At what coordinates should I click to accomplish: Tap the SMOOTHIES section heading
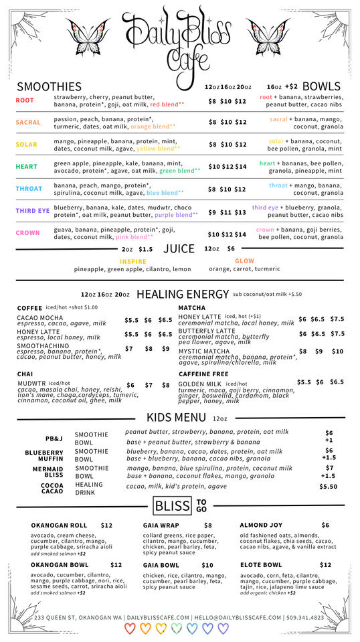[x=49, y=86]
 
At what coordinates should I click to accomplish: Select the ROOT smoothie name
[x=25, y=100]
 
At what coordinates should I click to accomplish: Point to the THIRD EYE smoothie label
[x=33, y=211]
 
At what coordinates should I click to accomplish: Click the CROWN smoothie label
[x=28, y=233]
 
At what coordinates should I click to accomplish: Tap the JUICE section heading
[x=179, y=249]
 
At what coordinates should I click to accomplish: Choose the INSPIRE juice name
[x=132, y=262]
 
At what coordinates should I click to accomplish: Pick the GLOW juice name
[x=244, y=261]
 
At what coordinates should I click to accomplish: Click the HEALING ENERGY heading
[x=182, y=294]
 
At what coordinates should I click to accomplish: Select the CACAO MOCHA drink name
[x=40, y=318]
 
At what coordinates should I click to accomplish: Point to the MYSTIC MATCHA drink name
[x=203, y=351]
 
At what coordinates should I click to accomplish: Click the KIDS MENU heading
[x=177, y=418]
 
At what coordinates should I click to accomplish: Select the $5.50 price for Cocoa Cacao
[x=328, y=487]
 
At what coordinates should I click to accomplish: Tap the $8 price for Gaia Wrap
[x=207, y=526]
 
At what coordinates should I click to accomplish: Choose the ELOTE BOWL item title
[x=260, y=565]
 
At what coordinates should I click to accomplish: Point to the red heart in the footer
[x=130, y=629]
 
